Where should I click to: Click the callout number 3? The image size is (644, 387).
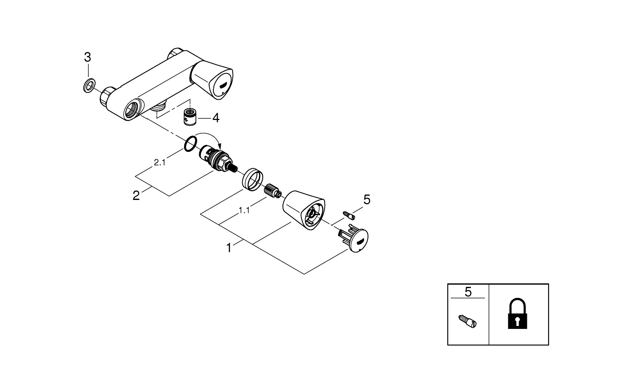87,57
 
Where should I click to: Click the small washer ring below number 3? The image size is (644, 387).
88,86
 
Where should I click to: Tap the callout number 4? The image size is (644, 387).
216,117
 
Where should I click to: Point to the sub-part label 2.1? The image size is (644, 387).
159,163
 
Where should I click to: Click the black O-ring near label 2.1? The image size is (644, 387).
190,144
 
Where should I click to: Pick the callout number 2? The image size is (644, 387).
136,196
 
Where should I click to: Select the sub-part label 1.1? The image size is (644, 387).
244,210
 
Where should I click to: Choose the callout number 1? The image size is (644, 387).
229,248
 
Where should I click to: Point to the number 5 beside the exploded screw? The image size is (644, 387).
366,200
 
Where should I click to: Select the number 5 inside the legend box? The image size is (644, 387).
468,292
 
